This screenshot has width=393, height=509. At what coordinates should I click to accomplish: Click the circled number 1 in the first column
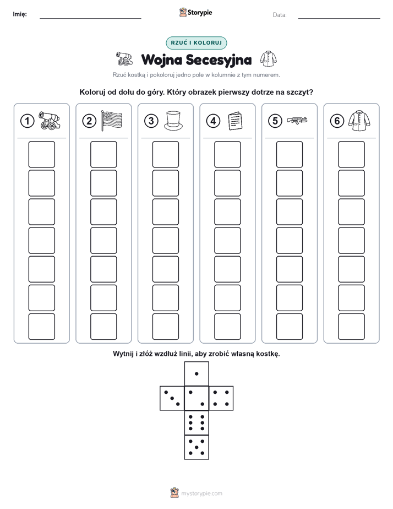point(27,121)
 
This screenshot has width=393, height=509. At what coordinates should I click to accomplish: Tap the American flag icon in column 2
point(112,121)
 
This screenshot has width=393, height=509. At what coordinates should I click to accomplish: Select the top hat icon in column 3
point(173,121)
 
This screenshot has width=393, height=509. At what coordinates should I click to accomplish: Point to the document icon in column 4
point(235,121)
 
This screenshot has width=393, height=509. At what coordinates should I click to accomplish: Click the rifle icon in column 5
point(297,121)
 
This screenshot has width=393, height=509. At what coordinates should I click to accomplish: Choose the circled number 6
point(337,121)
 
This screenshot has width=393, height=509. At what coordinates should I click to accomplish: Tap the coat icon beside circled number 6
point(359,121)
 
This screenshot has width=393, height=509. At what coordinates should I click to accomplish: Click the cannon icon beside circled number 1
point(50,121)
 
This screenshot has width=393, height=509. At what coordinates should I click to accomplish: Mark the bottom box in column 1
point(41,327)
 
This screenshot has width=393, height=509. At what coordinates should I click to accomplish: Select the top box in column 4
point(228,154)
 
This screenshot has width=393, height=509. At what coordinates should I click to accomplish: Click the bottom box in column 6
point(352,327)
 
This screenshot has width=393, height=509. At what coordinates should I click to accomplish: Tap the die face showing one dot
point(197,373)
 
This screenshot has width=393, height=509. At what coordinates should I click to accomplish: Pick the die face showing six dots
point(197,423)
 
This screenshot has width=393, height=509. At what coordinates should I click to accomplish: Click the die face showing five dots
point(197,447)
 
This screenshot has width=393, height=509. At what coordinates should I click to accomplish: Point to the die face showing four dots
point(221,398)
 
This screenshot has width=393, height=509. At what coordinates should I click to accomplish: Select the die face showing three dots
point(172,398)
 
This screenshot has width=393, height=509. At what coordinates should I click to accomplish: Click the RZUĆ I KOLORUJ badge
point(197,43)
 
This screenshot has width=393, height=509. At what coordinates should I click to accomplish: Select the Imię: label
point(20,14)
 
